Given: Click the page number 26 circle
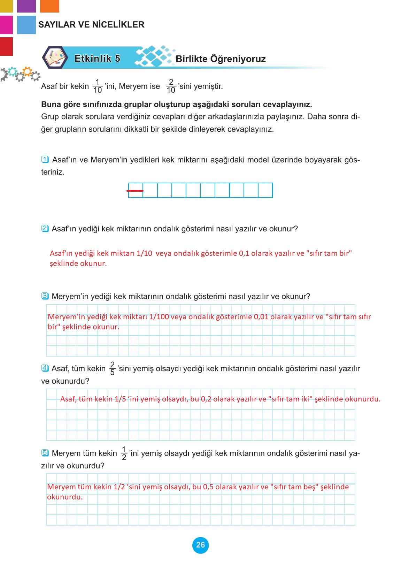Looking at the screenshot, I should point(200,545).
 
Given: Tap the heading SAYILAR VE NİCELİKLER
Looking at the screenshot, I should point(91,25).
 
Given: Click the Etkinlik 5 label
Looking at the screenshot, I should point(97,59).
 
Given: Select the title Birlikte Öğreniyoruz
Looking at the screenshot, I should point(221,59).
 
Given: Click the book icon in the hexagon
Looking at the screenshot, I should point(55,58).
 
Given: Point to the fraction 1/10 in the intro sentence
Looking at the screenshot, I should point(98,86).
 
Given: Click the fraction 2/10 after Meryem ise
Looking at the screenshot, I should point(171,86).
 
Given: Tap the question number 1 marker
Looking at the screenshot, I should point(45,160).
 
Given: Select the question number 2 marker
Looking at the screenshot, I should point(45,229).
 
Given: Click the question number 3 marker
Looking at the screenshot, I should point(45,296).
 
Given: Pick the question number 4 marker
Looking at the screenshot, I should point(45,368).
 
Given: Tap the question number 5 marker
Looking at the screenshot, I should point(45,453).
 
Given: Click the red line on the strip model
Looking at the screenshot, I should point(135,191).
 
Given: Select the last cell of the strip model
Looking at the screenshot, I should point(265,190).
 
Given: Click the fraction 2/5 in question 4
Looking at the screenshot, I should point(112,368).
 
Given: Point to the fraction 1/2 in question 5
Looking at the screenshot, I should point(124,453).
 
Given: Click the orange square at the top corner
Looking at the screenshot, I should point(49,6).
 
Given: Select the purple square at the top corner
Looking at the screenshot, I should point(26,6).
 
